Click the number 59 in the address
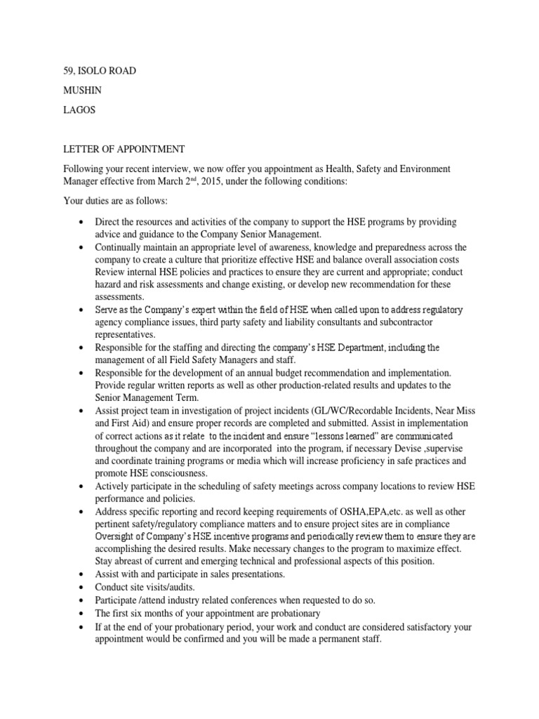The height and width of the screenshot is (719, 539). point(62,71)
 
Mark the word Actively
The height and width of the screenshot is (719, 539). point(112,486)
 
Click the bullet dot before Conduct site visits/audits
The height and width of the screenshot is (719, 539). point(82,587)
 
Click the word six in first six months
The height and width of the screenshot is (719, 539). point(133,612)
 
